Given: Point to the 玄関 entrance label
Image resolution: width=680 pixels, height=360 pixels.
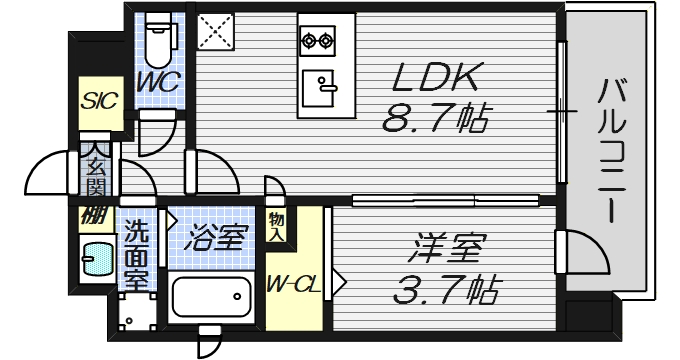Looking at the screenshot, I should (x=96, y=172).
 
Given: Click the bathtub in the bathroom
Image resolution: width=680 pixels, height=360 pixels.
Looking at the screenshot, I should (x=213, y=296).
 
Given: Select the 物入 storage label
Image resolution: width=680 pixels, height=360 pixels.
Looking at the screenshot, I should (x=277, y=226).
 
